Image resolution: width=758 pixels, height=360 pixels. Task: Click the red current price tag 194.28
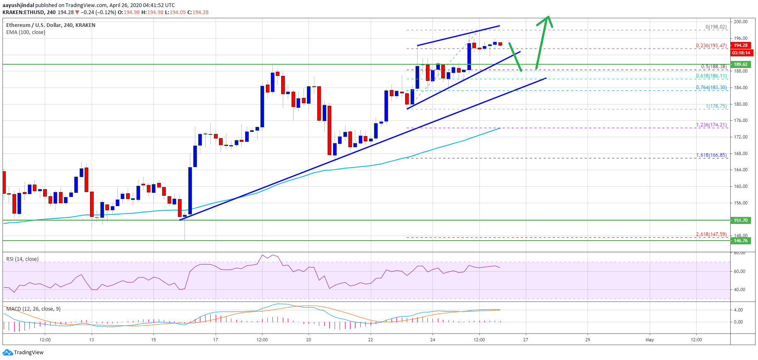coord(741,45)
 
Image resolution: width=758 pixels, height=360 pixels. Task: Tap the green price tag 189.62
coord(741,64)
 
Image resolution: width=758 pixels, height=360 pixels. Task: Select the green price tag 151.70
coord(741,220)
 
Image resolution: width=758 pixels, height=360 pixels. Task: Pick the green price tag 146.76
coord(741,241)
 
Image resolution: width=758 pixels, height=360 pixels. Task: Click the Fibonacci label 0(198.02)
coord(716,27)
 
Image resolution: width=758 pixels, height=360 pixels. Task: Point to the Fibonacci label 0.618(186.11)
coord(711,76)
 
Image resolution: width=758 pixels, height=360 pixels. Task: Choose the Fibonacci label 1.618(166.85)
coord(711,155)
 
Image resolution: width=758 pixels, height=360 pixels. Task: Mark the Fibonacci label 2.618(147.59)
coord(711,234)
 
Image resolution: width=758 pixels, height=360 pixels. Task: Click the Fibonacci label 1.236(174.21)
coord(711,125)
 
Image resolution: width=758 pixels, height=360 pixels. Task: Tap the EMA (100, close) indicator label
coord(26,32)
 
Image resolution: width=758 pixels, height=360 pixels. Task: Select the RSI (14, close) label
coord(22,259)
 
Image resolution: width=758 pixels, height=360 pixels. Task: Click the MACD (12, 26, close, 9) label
coord(33,309)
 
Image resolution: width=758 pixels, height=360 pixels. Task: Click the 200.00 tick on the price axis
coord(741,22)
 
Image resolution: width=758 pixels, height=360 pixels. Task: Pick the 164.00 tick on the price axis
coord(741,170)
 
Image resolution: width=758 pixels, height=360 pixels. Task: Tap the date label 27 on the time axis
coord(525,340)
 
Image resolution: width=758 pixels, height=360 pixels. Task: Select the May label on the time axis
coord(649,340)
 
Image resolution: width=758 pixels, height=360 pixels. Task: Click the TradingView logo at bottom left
coord(23,353)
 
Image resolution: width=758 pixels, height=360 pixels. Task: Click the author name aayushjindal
coord(18,5)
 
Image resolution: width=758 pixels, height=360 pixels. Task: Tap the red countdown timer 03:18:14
coord(741,53)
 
